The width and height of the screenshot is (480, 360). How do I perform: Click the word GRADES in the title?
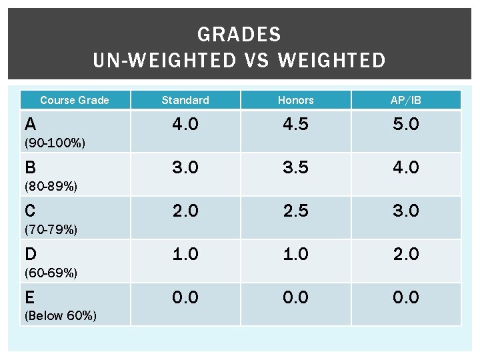(239, 34)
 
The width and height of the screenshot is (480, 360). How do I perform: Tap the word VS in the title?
(257, 61)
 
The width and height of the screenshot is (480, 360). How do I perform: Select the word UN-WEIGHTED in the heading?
(165, 61)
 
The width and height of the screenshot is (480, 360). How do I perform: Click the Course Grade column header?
(75, 100)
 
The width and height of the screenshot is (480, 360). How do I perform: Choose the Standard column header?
(185, 100)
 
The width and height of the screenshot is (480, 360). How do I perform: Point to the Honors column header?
(295, 100)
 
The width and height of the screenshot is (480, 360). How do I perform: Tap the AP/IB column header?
(406, 100)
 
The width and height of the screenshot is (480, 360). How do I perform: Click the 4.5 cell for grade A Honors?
(295, 124)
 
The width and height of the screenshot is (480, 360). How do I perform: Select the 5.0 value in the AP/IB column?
(406, 124)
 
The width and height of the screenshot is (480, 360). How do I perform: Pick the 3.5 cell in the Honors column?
(295, 167)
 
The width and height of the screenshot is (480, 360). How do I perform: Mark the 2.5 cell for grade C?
(295, 211)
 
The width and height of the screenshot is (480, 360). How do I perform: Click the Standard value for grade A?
(185, 124)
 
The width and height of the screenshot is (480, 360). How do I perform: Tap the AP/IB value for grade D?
(406, 254)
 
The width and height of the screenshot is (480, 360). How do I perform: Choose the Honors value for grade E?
(295, 297)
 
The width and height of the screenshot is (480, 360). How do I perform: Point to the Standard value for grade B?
(185, 167)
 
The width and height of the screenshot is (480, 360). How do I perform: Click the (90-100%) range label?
(55, 143)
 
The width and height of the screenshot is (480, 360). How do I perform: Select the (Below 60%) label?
(60, 316)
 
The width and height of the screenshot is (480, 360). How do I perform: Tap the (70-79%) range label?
(51, 230)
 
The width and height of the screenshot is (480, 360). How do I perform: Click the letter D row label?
(30, 254)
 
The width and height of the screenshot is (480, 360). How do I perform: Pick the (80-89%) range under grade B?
(51, 187)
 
